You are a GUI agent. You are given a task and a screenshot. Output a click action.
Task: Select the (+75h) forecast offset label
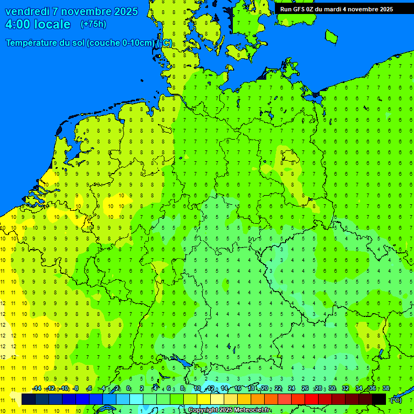click(x=93, y=24)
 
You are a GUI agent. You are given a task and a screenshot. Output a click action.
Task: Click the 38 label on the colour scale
click(x=385, y=388)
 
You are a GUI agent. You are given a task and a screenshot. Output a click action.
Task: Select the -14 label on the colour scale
click(x=37, y=388)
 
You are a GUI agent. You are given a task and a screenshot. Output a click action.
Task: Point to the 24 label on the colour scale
click(x=292, y=388)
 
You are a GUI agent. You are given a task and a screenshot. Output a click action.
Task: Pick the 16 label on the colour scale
click(x=238, y=388)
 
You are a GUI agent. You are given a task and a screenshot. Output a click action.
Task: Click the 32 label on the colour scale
click(x=346, y=388)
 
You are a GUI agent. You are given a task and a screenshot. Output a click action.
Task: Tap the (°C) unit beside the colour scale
click(x=396, y=399)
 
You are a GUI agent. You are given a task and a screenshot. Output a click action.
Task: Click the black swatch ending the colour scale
click(x=379, y=399)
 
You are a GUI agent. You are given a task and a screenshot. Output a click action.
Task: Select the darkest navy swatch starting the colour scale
click(x=29, y=399)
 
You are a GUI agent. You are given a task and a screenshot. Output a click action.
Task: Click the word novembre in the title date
click(x=86, y=11)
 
